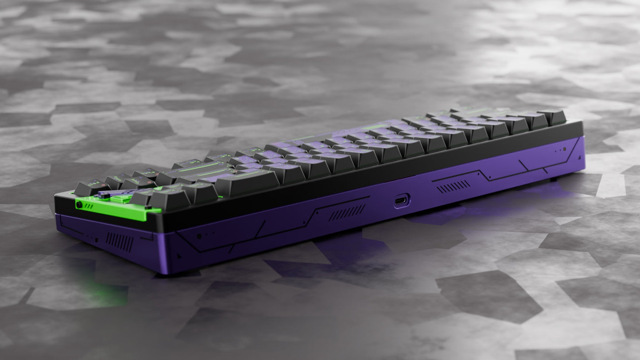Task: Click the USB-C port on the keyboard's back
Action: [x=402, y=201]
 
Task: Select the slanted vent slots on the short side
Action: [x=119, y=242]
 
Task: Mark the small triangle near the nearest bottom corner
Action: [x=179, y=256]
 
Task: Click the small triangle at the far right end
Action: [x=578, y=156]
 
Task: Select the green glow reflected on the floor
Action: [x=104, y=290]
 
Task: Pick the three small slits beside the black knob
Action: [x=89, y=206]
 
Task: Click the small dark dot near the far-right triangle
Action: [x=564, y=150]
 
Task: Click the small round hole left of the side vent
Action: [x=96, y=240]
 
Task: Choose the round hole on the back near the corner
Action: [x=199, y=236]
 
